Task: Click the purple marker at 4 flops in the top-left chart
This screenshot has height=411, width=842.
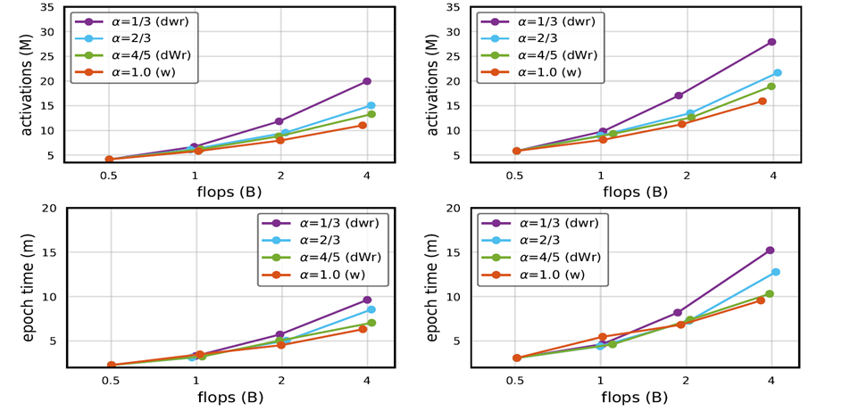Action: pyautogui.click(x=367, y=81)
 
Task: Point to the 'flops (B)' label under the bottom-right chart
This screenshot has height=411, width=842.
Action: pyautogui.click(x=634, y=398)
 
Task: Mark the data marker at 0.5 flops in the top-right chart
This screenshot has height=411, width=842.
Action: pyautogui.click(x=516, y=151)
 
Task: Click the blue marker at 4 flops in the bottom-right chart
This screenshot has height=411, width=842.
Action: pyautogui.click(x=776, y=272)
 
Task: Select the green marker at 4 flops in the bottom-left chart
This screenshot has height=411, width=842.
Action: pyautogui.click(x=371, y=322)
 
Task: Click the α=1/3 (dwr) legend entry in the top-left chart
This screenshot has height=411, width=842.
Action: pyautogui.click(x=136, y=21)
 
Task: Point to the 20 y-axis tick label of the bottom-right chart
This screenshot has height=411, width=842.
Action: pyautogui.click(x=452, y=209)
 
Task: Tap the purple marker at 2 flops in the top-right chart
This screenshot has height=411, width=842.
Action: pyautogui.click(x=679, y=95)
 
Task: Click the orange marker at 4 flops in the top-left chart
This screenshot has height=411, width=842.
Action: pyautogui.click(x=363, y=125)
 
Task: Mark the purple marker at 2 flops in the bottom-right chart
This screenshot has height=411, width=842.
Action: pyautogui.click(x=678, y=313)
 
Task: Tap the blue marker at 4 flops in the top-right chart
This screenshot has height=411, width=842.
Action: pyautogui.click(x=777, y=73)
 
